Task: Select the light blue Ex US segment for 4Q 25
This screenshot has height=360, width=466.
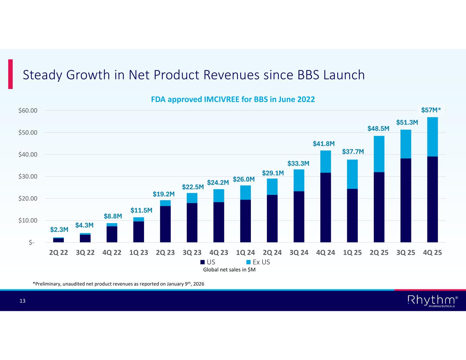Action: point(433,137)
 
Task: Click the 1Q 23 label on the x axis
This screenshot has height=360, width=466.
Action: point(139,253)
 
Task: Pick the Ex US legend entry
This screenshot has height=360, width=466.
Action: point(258,262)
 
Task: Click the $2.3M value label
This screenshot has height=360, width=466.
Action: point(59,230)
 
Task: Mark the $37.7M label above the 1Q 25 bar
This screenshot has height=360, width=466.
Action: point(353,152)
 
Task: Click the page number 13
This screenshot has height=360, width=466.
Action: point(23,301)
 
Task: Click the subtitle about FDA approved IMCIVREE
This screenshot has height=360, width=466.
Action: point(233,100)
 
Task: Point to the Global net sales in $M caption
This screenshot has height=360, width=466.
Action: point(229,270)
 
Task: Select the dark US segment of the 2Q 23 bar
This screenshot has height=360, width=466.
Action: point(165,224)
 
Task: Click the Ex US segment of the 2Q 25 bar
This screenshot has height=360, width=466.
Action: point(379,154)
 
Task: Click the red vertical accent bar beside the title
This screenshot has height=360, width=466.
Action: point(11,74)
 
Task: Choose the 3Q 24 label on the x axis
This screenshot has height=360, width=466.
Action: point(299,253)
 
